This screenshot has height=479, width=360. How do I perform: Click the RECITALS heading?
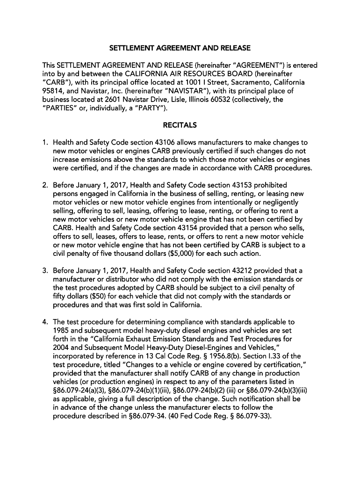pos(180,125)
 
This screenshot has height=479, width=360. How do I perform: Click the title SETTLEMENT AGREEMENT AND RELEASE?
pos(180,48)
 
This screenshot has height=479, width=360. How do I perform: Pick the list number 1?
pos(44,142)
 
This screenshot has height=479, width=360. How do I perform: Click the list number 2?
pos(44,185)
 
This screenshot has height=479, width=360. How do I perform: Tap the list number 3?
pos(44,271)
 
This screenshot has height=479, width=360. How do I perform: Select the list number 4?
pos(44,322)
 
